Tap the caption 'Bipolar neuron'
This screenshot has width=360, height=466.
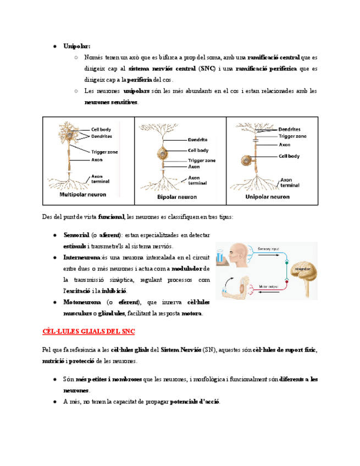176,196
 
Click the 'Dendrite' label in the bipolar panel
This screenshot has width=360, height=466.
197,140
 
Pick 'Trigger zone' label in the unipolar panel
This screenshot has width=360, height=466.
292,136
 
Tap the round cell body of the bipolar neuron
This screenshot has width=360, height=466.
163,153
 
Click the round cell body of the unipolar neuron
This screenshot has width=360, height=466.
247,161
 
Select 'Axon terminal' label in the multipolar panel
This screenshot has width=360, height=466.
100,180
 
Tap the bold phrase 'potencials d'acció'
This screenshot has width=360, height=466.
193,402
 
